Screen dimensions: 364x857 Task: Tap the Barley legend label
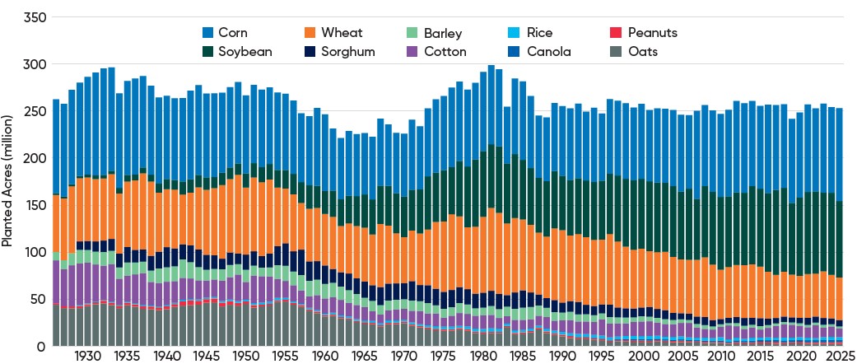[443, 34]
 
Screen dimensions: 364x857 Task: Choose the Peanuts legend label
[652, 34]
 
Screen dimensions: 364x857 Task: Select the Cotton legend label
[445, 51]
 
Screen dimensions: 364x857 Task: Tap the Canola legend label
[547, 51]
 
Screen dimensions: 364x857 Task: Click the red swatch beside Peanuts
[613, 34]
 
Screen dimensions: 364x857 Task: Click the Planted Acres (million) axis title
[7, 181]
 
